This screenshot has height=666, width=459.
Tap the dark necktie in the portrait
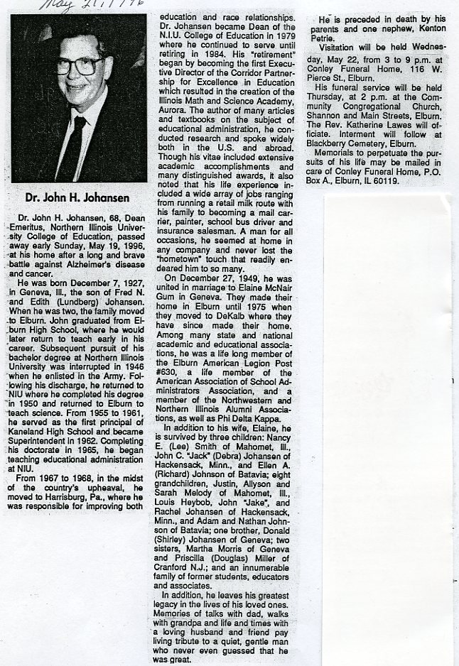72,146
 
